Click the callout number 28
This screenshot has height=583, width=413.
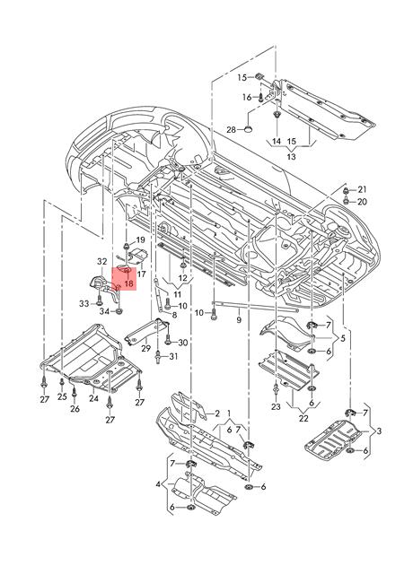pos(232,130)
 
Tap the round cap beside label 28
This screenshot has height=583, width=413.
pos(248,129)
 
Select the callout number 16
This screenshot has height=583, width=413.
pos(247,98)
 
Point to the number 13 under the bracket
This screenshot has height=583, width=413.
pos(291,157)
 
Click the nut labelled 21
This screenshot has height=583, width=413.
pos(346,191)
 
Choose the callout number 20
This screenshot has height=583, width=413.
pos(362,202)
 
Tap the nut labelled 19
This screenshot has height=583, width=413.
pos(127,245)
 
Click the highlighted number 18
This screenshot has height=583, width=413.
pos(129,283)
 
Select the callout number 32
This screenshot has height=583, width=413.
pos(102,262)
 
